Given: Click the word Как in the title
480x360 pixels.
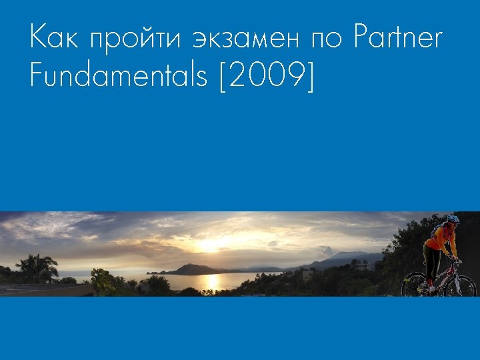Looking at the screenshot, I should point(53,38).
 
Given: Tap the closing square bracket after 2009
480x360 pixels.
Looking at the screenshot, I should point(309,77).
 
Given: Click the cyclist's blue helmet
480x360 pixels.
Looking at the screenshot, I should point(453,219).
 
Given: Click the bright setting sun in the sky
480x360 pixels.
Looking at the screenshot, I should point(211,245).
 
